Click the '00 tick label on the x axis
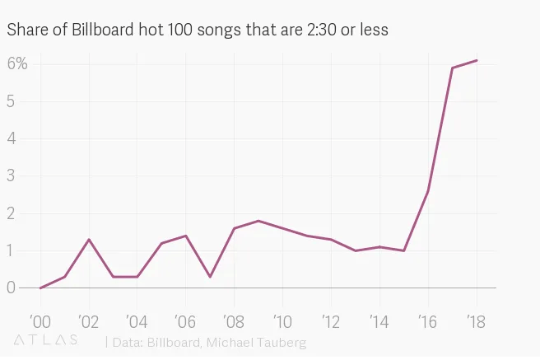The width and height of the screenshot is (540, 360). coord(40,320)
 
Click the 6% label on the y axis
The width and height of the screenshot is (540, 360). coord(18,63)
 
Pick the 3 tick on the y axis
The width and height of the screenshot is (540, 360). coord(12,175)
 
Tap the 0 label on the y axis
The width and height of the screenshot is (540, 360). coord(12,288)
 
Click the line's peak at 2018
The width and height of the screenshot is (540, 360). coord(477,60)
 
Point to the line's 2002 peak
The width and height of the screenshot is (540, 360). coord(89,239)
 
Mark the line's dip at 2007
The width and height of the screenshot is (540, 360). coord(210,277)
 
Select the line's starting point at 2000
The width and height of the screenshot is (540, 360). coord(40,288)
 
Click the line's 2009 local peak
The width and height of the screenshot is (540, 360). coord(258,221)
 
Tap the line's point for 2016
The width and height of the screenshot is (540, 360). coord(428,191)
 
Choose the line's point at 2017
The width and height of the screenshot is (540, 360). coord(452,68)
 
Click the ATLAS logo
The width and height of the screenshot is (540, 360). coord(47,339)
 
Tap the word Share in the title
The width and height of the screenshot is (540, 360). coord(26,30)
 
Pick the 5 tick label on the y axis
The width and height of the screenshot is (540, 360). coord(12,101)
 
